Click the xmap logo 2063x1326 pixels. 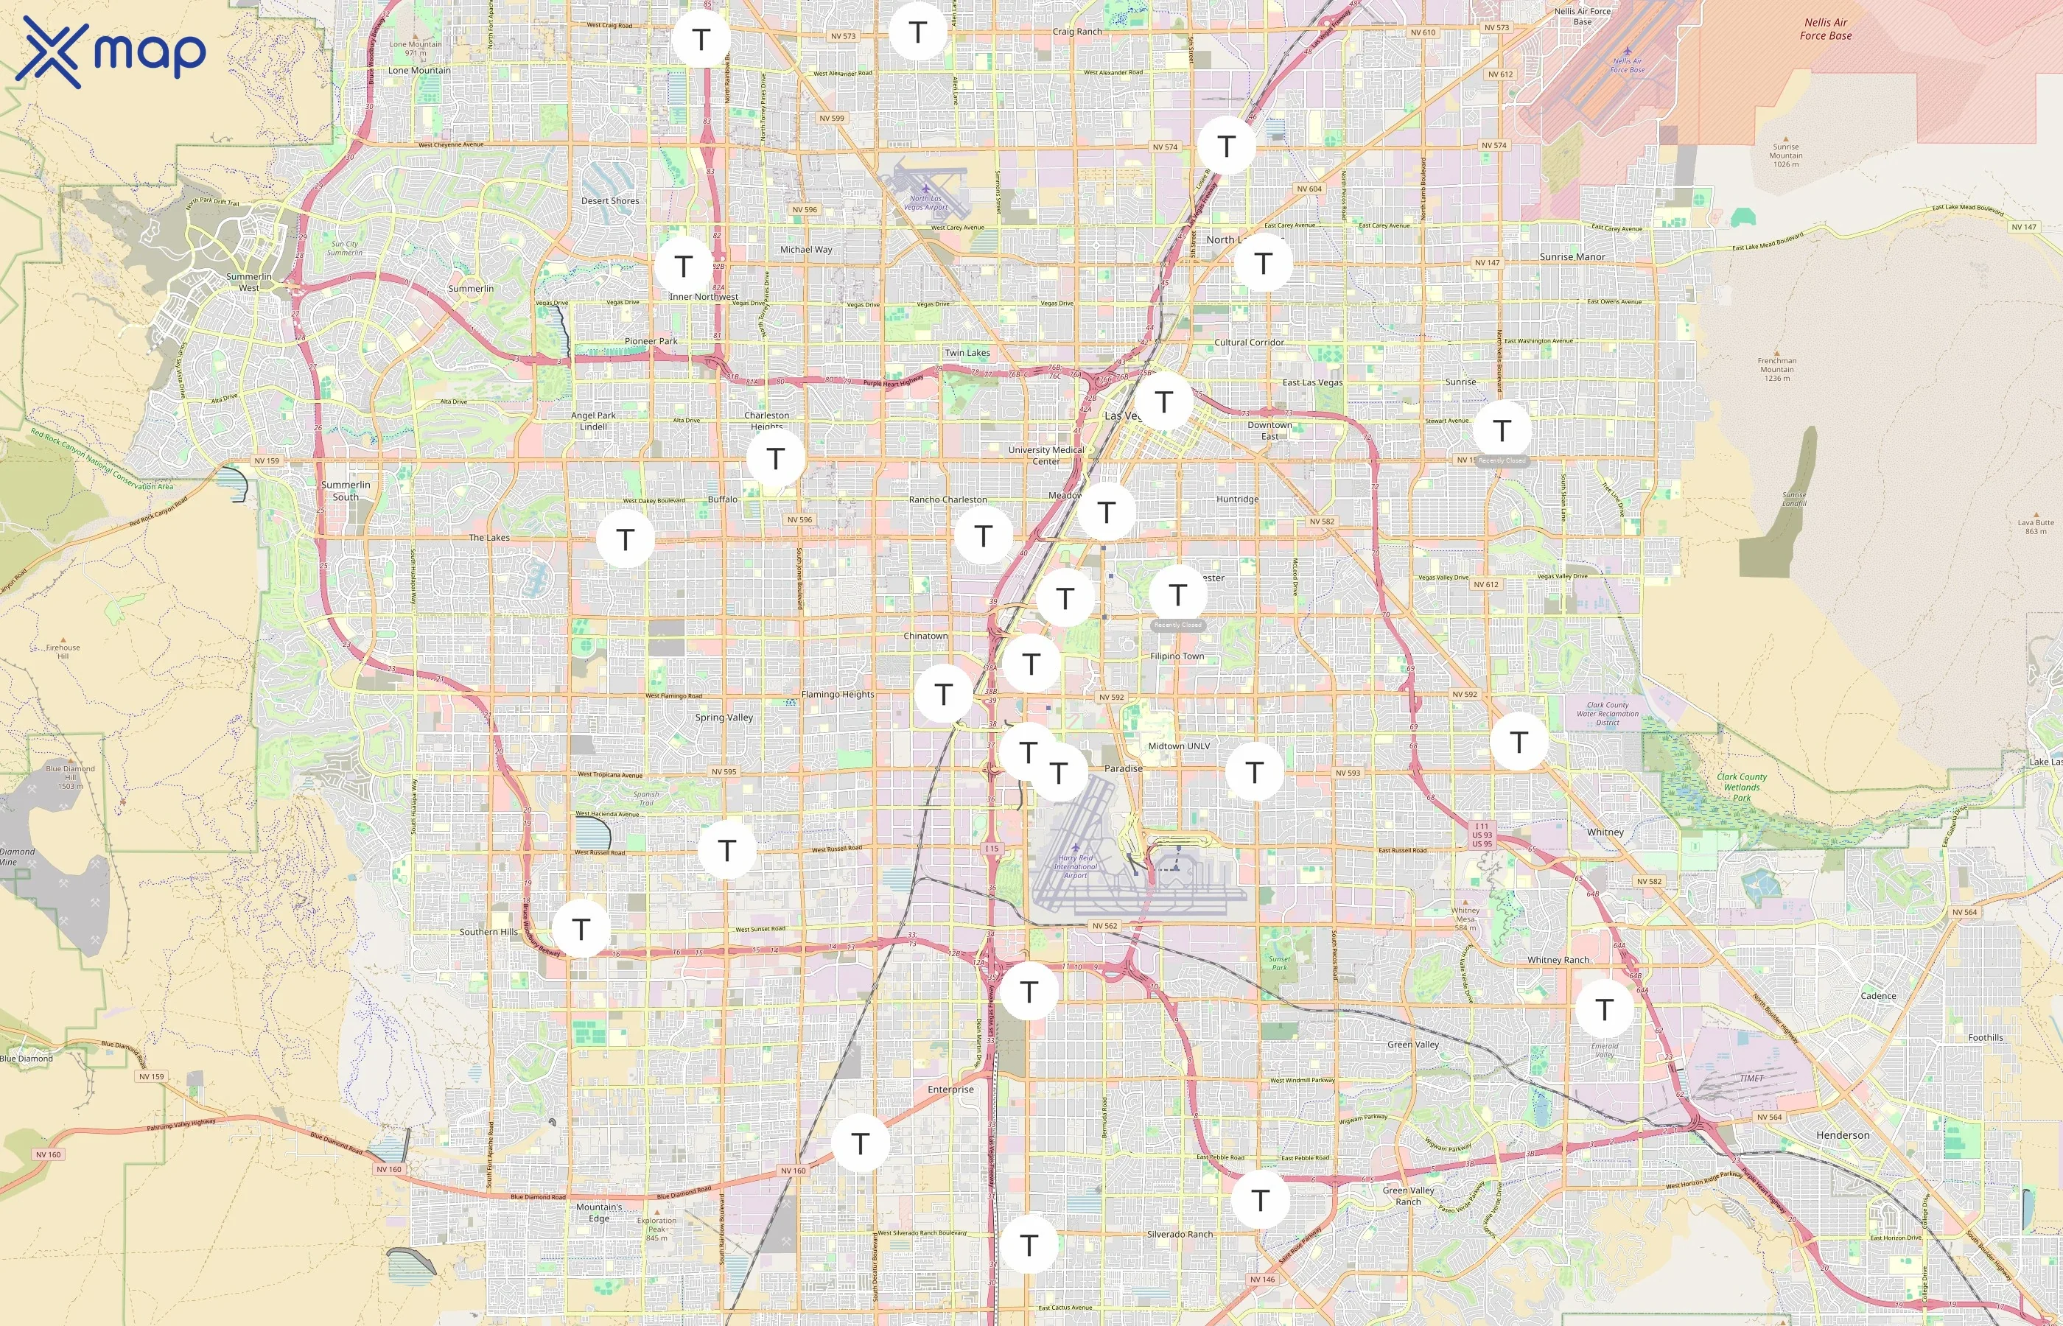pos(111,52)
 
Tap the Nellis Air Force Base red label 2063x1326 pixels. pos(1825,29)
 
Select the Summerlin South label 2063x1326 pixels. pos(346,491)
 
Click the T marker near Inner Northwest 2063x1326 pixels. pos(684,265)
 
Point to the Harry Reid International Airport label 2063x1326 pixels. pos(1076,866)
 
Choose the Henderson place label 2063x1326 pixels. pos(1843,1135)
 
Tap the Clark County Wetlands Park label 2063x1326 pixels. pos(1741,786)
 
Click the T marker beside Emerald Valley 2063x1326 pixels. pos(1604,1008)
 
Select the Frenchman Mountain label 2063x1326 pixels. pos(1776,369)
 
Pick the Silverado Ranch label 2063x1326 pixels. pos(1180,1234)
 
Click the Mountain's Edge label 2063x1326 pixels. pos(598,1213)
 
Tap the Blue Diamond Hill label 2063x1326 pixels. pos(71,776)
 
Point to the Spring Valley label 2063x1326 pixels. pos(724,718)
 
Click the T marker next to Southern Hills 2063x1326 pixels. pos(581,928)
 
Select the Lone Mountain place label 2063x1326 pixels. pos(418,71)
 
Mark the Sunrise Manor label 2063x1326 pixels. pos(1572,256)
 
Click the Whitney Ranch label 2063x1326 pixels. pos(1558,959)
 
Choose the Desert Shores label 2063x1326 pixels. pos(609,200)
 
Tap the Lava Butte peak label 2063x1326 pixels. pos(2036,526)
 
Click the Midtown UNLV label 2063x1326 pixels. pos(1179,746)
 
